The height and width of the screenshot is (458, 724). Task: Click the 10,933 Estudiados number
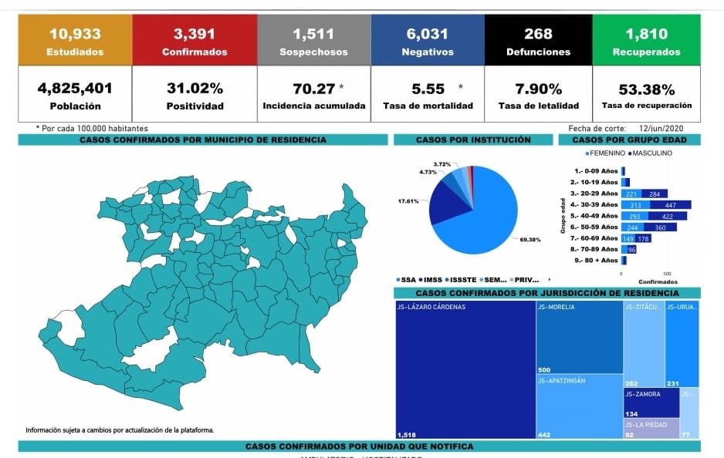[74, 33]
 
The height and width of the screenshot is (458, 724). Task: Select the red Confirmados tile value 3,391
[195, 33]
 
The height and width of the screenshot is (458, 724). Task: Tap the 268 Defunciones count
[538, 33]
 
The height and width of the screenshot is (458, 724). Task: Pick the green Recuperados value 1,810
[647, 33]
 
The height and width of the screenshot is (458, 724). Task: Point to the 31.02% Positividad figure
[195, 87]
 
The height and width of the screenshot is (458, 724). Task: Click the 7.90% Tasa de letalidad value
[538, 87]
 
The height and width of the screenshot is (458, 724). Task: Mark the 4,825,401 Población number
[74, 87]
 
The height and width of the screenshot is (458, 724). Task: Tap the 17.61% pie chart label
[408, 201]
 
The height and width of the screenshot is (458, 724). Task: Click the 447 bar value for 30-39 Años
[671, 205]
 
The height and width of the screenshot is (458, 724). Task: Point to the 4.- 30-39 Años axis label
[594, 205]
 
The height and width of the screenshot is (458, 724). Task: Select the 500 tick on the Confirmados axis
[667, 273]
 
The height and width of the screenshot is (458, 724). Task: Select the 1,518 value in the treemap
[407, 435]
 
